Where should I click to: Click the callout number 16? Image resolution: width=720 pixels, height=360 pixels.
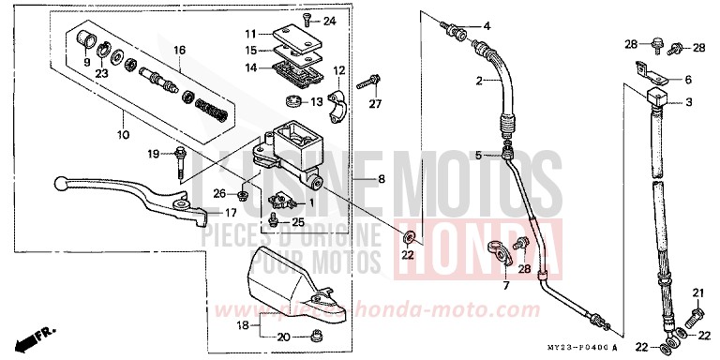pyautogui.click(x=179, y=50)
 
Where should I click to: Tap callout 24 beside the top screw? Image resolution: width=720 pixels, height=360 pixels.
pyautogui.click(x=329, y=21)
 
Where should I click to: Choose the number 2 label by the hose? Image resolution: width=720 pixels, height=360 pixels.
pyautogui.click(x=477, y=82)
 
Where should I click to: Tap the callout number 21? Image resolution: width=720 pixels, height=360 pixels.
pyautogui.click(x=697, y=293)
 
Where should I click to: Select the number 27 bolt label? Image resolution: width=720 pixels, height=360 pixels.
pyautogui.click(x=376, y=103)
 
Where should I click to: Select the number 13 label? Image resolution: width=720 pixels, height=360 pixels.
pyautogui.click(x=316, y=102)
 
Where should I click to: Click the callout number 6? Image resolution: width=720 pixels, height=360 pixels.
pyautogui.click(x=687, y=80)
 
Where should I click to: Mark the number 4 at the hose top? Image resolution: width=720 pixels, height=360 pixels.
pyautogui.click(x=487, y=24)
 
